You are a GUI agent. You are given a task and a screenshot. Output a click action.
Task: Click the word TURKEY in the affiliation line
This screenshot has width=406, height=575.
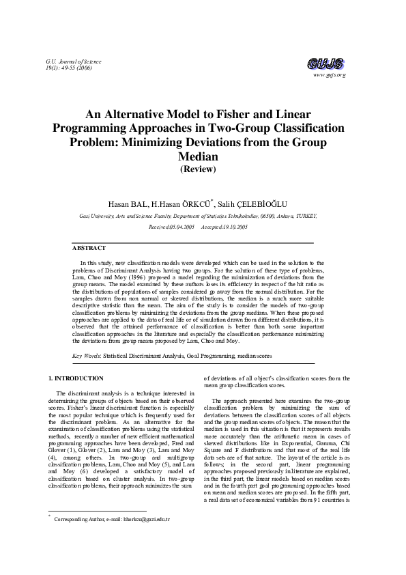pos(305,215)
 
